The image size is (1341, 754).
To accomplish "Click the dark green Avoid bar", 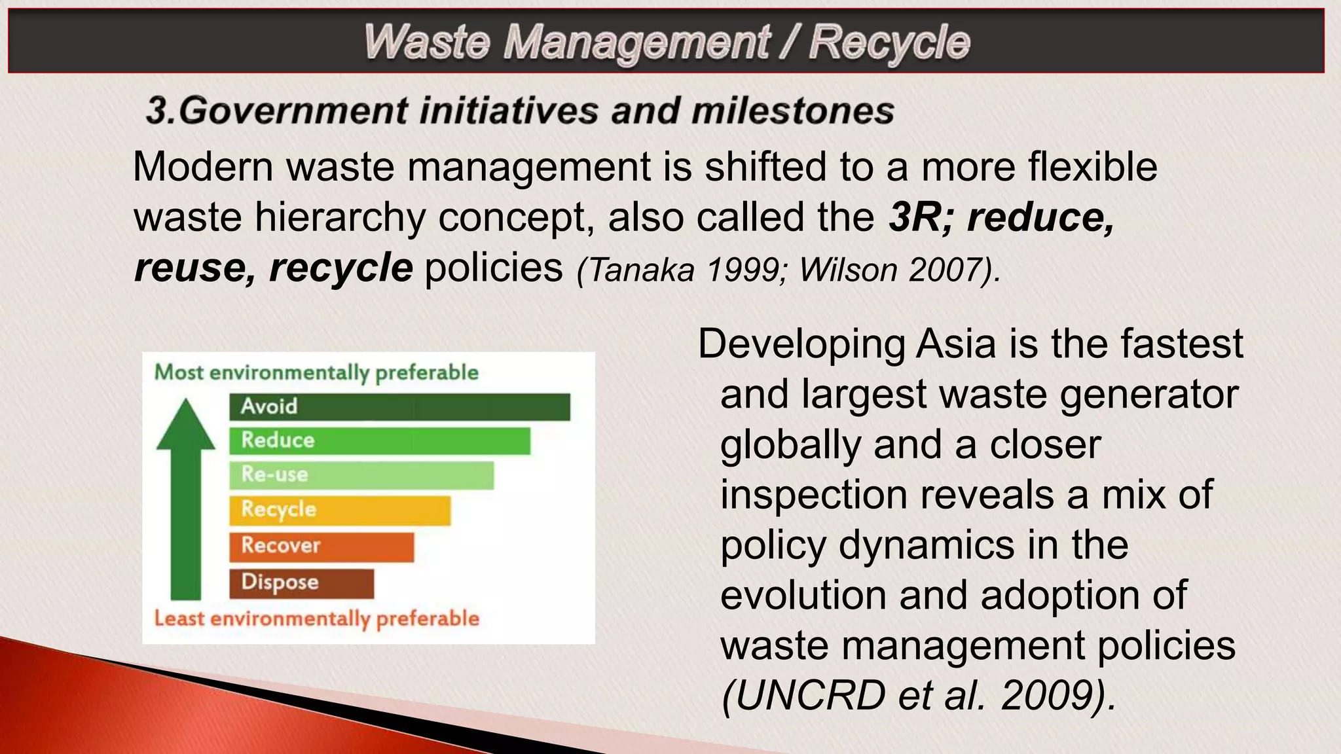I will click(399, 406).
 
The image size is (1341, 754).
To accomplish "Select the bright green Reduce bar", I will click(380, 440).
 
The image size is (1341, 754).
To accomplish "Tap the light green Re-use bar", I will click(361, 475).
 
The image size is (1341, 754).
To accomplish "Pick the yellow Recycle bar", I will click(340, 510).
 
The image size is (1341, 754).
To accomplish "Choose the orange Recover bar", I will click(321, 547).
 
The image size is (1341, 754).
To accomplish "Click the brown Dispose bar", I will click(301, 583).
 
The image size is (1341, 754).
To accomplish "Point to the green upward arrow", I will click(186, 497).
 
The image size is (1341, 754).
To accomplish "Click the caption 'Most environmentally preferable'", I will click(316, 372).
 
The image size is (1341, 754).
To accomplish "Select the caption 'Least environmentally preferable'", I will click(316, 619).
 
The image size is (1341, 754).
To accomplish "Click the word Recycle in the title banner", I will click(889, 43).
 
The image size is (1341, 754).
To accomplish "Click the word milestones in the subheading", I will click(792, 110).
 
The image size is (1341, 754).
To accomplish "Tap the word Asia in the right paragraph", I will click(956, 344).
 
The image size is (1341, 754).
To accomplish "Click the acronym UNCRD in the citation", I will click(803, 695).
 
